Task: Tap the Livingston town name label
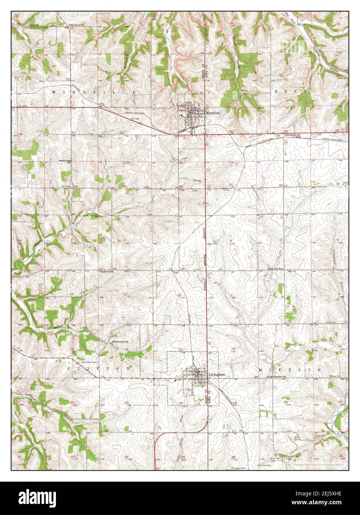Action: (217, 375)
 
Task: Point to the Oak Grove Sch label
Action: (77, 25)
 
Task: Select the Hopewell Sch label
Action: (106, 271)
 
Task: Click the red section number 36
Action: (181, 186)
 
